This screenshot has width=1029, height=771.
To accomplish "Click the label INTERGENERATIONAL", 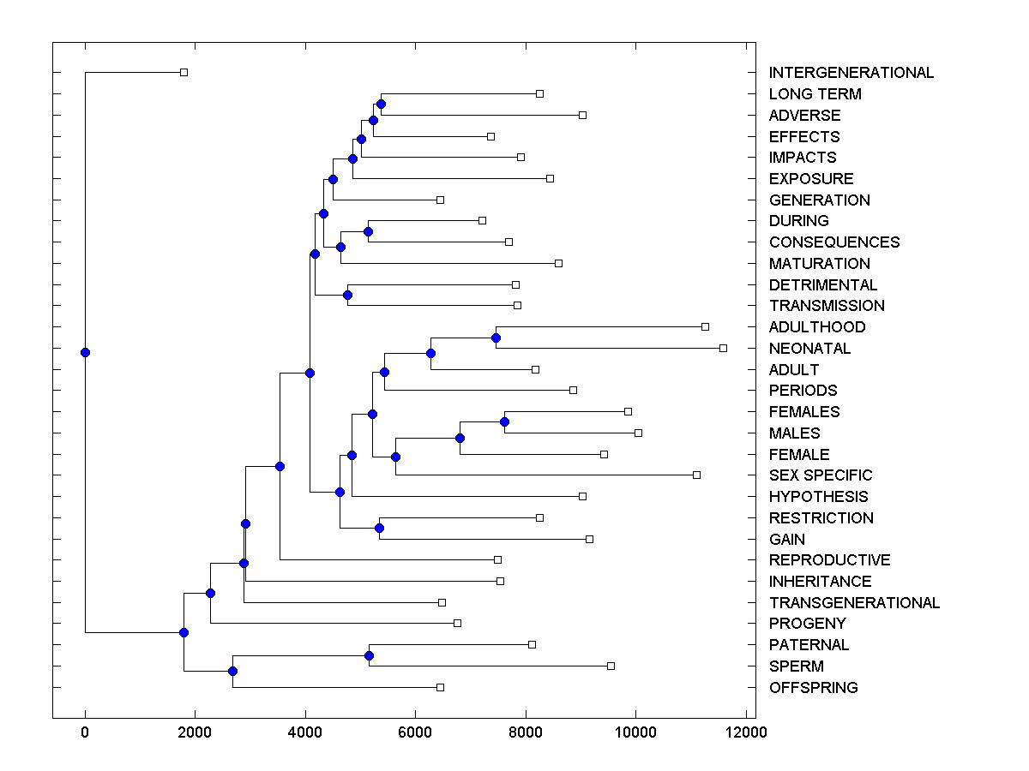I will (x=851, y=73).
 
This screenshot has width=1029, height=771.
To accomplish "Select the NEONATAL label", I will (x=809, y=349).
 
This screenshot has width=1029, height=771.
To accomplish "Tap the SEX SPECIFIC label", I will (x=821, y=475).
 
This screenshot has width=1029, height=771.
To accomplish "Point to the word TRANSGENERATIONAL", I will (x=854, y=602).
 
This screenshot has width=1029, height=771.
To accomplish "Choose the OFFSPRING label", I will (x=813, y=687).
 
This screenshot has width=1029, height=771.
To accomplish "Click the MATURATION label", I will (x=819, y=264).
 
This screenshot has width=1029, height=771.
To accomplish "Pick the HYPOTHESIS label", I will (x=818, y=497).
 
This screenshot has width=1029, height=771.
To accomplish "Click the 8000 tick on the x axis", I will (x=526, y=731).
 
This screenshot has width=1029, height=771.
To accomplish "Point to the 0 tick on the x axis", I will (x=85, y=731).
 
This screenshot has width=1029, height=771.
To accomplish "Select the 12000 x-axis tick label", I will (x=745, y=731).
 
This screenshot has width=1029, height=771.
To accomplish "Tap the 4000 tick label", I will (x=305, y=731).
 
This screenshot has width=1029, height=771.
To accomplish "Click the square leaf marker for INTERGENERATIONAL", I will (x=184, y=72).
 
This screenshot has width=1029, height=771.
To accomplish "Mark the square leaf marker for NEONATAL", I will (x=723, y=348).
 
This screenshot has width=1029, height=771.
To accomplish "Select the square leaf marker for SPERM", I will (x=611, y=666).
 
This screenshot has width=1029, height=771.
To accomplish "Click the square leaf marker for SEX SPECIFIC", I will (x=696, y=475).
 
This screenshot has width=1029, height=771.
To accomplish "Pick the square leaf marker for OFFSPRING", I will (x=440, y=687).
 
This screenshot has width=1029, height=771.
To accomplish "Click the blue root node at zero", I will (x=85, y=352).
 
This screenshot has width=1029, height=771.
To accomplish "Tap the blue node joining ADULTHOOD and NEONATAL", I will (x=496, y=338).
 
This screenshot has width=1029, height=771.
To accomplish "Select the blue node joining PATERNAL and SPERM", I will (x=369, y=655).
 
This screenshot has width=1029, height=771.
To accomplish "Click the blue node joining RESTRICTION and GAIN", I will (x=379, y=528).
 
